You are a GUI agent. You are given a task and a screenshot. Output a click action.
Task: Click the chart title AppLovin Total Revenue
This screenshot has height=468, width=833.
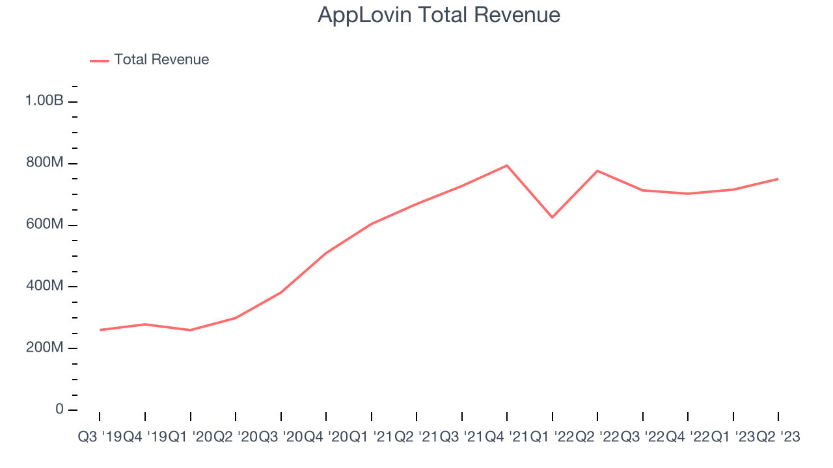coord(439,14)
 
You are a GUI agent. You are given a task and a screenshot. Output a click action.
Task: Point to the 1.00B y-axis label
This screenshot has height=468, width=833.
coord(44,101)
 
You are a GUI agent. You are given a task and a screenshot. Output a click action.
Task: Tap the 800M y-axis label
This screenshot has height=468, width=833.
coord(44,163)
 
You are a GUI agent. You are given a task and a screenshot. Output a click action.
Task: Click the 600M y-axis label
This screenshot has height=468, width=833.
coord(44,225)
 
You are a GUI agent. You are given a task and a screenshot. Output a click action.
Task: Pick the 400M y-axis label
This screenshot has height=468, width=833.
coord(44,287)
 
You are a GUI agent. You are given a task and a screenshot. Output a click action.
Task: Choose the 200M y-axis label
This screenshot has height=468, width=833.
coord(44,348)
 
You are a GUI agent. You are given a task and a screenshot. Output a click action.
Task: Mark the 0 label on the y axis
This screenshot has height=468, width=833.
coord(59,409)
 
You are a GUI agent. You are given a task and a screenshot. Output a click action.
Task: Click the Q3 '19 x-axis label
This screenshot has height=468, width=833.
coord(99,437)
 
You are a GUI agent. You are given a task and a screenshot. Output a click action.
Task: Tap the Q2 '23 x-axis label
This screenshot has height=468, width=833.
coord(778,437)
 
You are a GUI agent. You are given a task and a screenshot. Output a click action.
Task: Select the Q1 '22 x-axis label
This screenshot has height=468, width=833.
coord(552,437)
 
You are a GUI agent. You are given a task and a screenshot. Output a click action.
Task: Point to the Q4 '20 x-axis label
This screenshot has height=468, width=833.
coord(325,437)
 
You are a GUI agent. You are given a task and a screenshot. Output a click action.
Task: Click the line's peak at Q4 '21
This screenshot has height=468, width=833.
coord(507,165)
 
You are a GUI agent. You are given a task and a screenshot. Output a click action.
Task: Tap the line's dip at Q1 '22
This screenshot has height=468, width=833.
coord(552,217)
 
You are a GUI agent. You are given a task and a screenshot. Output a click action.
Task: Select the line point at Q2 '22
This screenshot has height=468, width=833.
coord(597,171)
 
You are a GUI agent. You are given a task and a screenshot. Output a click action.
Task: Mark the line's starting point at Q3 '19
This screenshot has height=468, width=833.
coord(100,330)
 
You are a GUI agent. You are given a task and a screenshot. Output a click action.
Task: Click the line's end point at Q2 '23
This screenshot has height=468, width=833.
coord(778,179)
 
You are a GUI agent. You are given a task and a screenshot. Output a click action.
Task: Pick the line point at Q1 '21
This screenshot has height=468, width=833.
coord(371,224)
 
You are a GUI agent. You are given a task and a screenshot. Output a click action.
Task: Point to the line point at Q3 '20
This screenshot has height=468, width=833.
coord(280,292)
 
